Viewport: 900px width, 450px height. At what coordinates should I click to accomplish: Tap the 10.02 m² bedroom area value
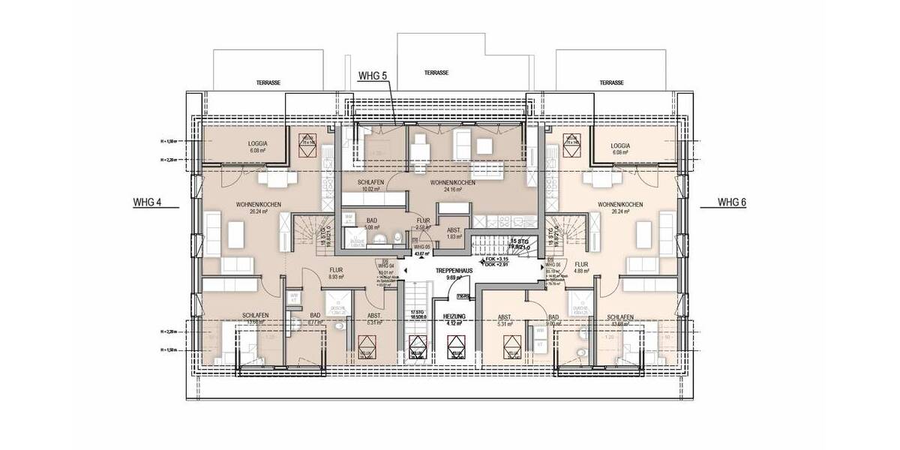371,190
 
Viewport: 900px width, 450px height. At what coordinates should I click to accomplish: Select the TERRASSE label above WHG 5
436,73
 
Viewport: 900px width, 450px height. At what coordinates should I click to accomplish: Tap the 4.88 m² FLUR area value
583,271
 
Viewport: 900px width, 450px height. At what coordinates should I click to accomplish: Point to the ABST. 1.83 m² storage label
453,233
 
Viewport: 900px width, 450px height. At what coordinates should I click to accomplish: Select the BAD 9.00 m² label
554,321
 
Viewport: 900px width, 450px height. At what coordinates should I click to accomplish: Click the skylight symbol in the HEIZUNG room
454,347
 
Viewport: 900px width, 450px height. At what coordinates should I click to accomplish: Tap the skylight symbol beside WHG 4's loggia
307,145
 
